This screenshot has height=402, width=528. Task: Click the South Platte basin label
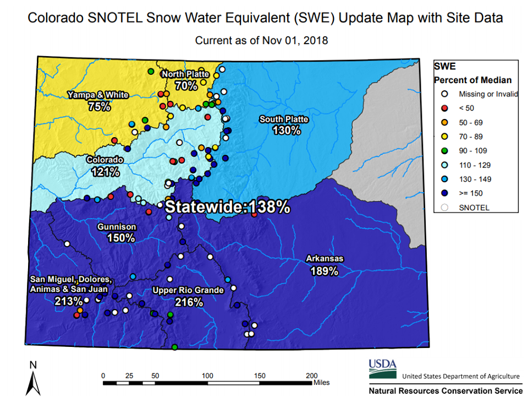284,119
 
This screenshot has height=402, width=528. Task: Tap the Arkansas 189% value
324,271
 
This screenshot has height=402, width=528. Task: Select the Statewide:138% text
228,207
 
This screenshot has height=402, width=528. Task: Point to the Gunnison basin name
117,227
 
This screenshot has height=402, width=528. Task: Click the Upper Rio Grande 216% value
189,302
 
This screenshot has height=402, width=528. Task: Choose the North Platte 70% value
186,85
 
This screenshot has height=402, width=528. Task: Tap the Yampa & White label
98,95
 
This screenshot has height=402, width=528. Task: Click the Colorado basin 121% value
106,172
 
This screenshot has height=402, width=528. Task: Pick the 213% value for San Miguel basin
69,301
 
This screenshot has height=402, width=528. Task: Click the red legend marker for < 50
444,108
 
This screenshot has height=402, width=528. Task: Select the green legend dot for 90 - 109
444,151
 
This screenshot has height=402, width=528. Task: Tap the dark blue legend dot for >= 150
444,193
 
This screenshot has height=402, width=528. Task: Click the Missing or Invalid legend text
488,94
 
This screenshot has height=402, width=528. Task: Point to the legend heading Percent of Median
473,80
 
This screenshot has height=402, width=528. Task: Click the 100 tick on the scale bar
207,376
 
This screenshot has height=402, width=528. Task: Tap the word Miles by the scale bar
322,383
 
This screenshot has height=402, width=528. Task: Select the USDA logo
383,369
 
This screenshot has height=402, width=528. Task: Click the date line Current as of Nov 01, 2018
261,40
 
